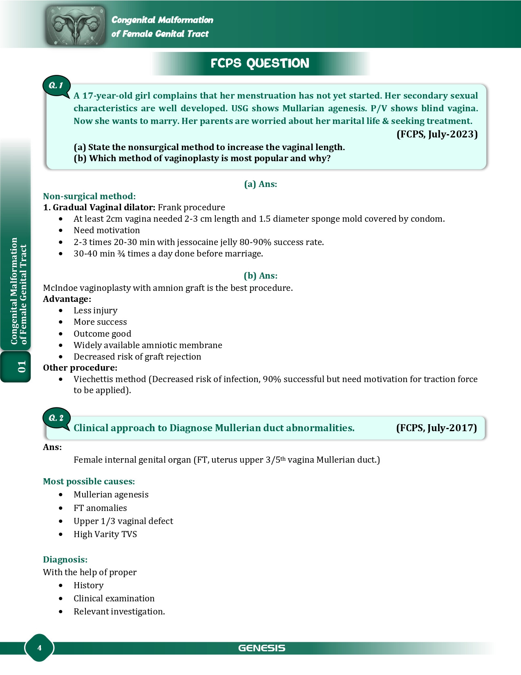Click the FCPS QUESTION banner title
pyautogui.click(x=260, y=63)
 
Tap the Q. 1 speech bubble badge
pyautogui.click(x=56, y=85)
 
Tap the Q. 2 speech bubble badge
pyautogui.click(x=56, y=418)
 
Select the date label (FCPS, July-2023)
pyautogui.click(x=437, y=134)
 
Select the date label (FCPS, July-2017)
pyautogui.click(x=436, y=428)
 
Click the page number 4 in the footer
pyautogui.click(x=39, y=648)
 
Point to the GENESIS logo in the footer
pyautogui.click(x=262, y=648)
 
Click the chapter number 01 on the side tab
pyautogui.click(x=22, y=367)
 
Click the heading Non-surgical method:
pyautogui.click(x=89, y=196)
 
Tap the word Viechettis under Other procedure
pyautogui.click(x=94, y=379)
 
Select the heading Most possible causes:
pyautogui.click(x=89, y=482)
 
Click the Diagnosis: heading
pyautogui.click(x=65, y=560)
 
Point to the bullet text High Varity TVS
pyautogui.click(x=105, y=534)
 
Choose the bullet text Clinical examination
pyautogui.click(x=114, y=598)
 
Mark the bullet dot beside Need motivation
pyautogui.click(x=61, y=231)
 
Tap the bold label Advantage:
pyautogui.click(x=67, y=299)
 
